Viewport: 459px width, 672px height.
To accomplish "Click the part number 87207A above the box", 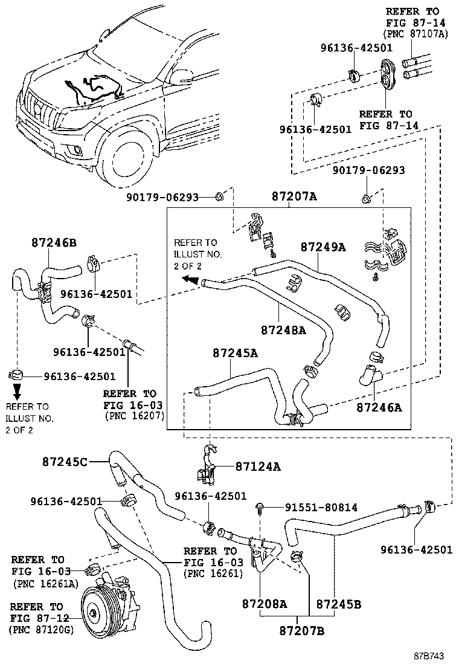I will click(x=294, y=197).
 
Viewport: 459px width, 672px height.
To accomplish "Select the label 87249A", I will click(x=323, y=247).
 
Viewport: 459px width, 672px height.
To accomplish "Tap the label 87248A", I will click(x=283, y=330).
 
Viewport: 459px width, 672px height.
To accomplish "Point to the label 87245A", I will click(x=235, y=353).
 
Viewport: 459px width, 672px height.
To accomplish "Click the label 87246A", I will click(x=379, y=408).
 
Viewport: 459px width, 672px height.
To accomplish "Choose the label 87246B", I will click(x=54, y=242).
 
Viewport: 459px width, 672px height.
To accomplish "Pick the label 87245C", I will click(x=65, y=462).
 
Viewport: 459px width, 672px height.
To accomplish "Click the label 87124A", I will click(x=258, y=467).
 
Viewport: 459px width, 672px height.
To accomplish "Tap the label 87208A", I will click(x=265, y=603).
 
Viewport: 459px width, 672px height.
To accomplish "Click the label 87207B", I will click(x=302, y=631).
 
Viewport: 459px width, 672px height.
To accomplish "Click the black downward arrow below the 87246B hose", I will click(x=18, y=390).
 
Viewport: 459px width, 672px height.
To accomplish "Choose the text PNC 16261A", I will click(x=45, y=583).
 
